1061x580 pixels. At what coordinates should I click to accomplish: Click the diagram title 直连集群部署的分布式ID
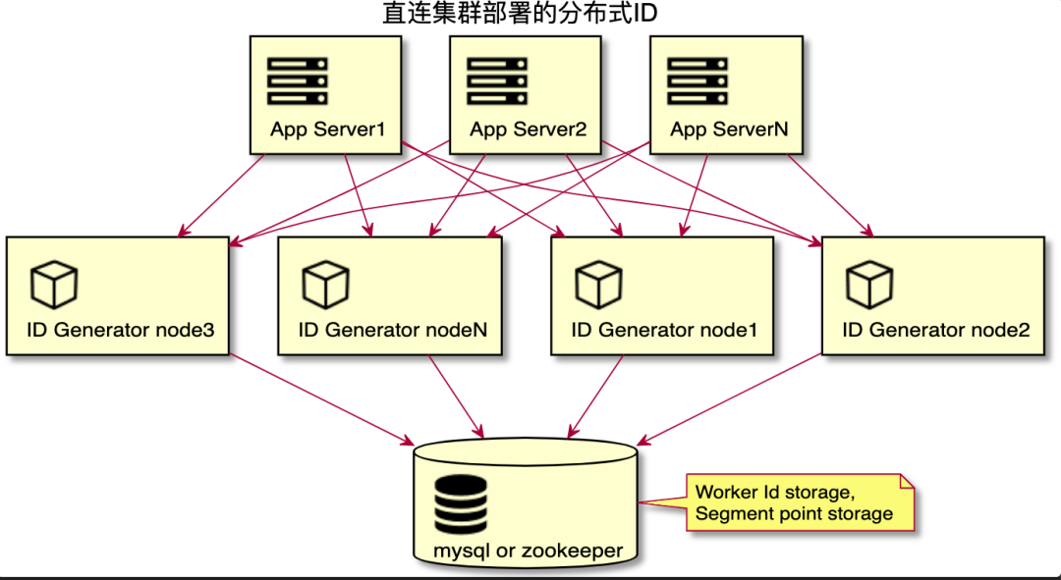(x=519, y=13)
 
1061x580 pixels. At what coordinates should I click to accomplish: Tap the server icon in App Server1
(x=298, y=81)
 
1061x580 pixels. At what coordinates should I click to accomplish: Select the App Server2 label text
(x=528, y=130)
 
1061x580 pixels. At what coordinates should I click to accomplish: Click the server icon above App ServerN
(x=698, y=81)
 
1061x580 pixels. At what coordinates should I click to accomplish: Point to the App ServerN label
(x=729, y=130)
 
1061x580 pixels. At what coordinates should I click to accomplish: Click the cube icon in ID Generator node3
(x=54, y=285)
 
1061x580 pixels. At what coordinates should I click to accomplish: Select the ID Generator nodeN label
(x=392, y=330)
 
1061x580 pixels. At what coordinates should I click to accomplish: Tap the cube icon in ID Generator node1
(x=598, y=285)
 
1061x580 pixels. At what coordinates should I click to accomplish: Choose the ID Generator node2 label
(x=936, y=330)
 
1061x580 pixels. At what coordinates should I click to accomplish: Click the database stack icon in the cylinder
(x=460, y=504)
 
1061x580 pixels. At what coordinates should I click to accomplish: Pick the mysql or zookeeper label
(x=528, y=551)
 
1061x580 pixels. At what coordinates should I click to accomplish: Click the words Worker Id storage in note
(x=774, y=492)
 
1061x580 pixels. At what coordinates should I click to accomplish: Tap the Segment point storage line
(x=794, y=513)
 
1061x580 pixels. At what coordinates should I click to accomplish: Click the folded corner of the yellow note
(x=908, y=481)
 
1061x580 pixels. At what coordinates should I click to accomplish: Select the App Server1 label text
(x=327, y=130)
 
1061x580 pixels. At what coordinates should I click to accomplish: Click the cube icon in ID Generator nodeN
(x=325, y=285)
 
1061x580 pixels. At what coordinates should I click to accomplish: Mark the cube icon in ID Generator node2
(x=869, y=285)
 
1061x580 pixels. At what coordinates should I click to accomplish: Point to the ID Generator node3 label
(x=121, y=330)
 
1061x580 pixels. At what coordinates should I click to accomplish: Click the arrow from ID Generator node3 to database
(x=321, y=399)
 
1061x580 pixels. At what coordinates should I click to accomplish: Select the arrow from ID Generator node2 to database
(x=729, y=399)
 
